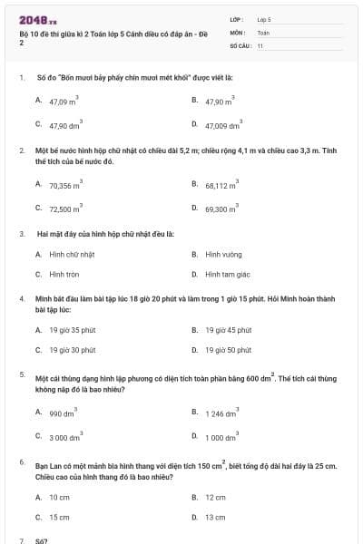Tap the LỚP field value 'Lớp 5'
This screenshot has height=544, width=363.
pyautogui.click(x=265, y=18)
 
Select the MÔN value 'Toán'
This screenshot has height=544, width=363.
pyautogui.click(x=263, y=32)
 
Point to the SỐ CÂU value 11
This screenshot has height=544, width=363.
pyautogui.click(x=260, y=44)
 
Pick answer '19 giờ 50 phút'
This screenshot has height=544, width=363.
pyautogui.click(x=228, y=349)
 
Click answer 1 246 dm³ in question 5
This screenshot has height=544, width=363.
pyautogui.click(x=221, y=413)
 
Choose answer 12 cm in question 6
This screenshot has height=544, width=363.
pyautogui.click(x=215, y=497)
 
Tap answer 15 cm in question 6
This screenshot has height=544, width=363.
pyautogui.click(x=59, y=517)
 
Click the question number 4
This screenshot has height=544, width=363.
pyautogui.click(x=21, y=297)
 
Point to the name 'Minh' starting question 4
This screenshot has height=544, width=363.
pyautogui.click(x=44, y=297)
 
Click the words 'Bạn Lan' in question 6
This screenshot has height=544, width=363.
pyautogui.click(x=49, y=466)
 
